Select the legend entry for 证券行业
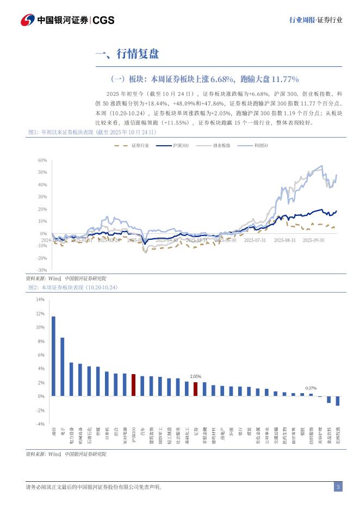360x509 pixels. [x=138, y=146]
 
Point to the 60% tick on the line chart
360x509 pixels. [x=42, y=160]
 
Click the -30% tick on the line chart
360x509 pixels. [x=42, y=270]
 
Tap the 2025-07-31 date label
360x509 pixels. [x=255, y=240]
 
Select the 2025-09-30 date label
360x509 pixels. [x=313, y=240]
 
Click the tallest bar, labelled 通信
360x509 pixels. [x=53, y=356]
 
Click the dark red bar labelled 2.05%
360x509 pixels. [x=196, y=389]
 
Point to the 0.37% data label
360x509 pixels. [x=311, y=388]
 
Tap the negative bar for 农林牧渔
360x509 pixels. [x=338, y=401]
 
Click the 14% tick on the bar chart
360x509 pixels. [x=40, y=300]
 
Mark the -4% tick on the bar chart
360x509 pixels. [x=40, y=424]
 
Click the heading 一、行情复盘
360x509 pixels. [x=127, y=53]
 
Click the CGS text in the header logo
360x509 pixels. [x=103, y=20]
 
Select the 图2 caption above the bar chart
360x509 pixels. [x=73, y=287]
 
